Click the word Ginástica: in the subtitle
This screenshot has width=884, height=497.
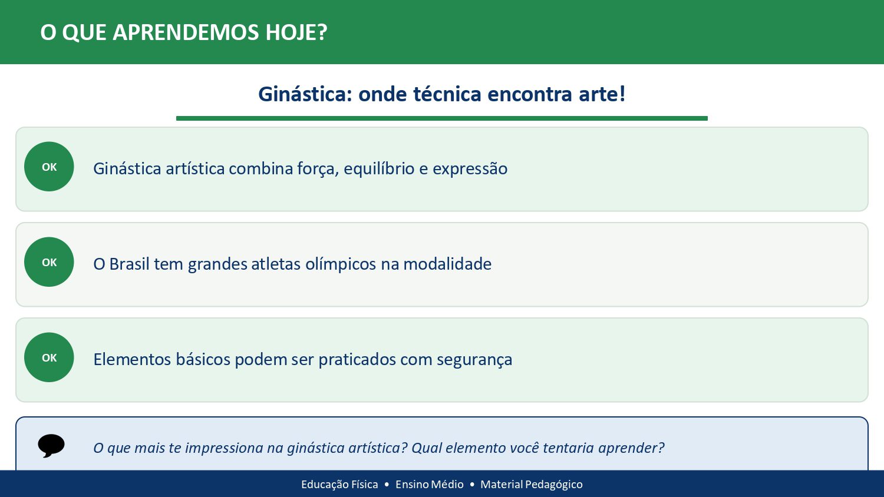(304, 94)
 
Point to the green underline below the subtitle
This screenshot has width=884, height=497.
(441, 118)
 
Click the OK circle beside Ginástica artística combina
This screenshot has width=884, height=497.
(49, 167)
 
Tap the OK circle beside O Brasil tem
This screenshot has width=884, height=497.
(49, 262)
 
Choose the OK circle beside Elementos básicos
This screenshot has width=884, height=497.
(49, 357)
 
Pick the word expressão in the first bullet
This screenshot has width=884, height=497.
(470, 169)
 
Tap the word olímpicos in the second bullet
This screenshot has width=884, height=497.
(340, 264)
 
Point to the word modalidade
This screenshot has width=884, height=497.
(447, 264)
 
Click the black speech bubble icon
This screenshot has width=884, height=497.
(51, 446)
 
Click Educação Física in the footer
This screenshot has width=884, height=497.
(339, 485)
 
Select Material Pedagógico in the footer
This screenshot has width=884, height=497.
(531, 485)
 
